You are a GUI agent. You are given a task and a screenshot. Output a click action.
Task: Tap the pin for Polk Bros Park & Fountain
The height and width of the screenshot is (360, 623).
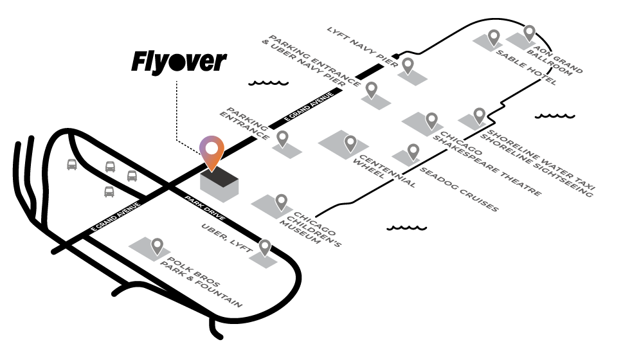pos(158,246)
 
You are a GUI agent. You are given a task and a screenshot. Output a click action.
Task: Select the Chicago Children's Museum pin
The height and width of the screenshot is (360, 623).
pos(281,202)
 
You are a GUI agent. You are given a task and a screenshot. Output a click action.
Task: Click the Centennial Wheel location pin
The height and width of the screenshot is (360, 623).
pos(350,143)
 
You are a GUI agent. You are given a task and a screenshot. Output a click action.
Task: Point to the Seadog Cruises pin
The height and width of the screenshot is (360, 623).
pos(413,151)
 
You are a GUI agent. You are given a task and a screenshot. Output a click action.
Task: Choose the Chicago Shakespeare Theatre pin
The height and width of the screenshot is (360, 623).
pos(431,120)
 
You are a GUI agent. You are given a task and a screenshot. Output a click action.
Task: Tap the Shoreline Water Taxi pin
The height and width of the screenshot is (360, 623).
pos(479,115)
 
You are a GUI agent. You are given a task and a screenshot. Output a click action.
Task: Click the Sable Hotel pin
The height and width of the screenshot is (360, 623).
pos(494,37)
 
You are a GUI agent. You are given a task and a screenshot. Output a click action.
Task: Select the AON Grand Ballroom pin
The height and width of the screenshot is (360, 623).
pos(529,33)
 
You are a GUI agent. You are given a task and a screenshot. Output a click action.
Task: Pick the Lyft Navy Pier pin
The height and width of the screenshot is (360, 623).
pos(408,65)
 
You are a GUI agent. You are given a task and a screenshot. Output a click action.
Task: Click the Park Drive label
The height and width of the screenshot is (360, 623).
pos(204,208)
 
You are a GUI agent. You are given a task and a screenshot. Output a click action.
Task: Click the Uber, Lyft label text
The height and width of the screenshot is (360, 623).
pos(226,239)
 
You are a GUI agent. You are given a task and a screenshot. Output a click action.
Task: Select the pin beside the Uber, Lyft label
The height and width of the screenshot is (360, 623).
pos(265,247)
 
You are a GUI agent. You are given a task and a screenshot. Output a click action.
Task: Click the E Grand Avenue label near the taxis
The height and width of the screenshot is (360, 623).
pos(115,217)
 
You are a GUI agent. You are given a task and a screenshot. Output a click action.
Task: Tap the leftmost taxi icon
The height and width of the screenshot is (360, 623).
pos(72,165)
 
